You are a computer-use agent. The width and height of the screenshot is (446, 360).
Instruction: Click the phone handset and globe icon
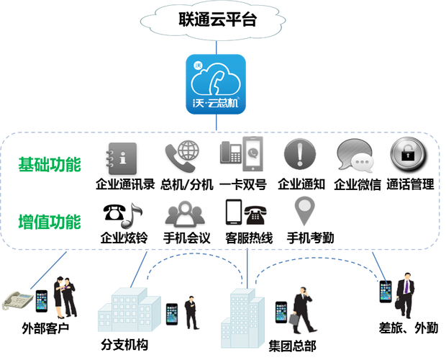[181, 156]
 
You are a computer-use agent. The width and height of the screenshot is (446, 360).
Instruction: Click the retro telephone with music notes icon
[122, 213]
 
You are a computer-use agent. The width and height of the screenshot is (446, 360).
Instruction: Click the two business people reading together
[67, 294]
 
